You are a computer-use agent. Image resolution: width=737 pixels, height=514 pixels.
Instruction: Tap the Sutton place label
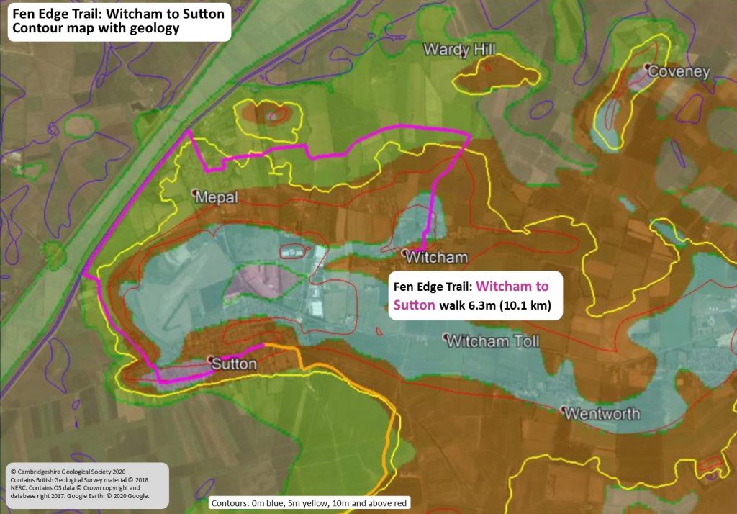(234, 364)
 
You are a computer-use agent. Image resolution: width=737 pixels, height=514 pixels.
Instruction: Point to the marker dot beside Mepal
(195, 193)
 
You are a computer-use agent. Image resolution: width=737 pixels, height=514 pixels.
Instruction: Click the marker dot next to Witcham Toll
(447, 337)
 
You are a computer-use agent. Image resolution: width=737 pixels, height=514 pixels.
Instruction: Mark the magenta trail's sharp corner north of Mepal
(189, 131)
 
